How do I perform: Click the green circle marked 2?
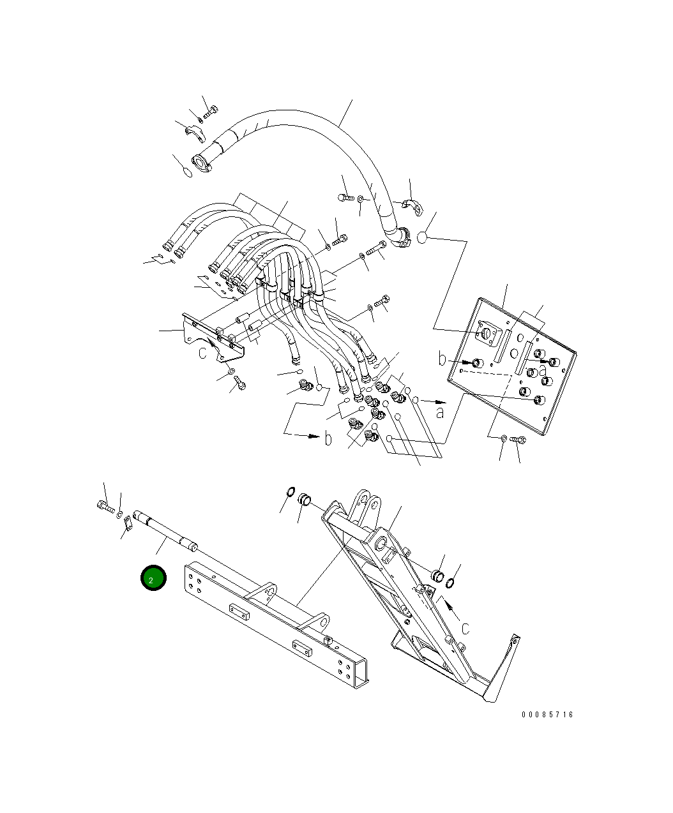tap(153, 578)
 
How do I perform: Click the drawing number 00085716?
tap(547, 715)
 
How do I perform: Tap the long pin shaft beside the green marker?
tap(165, 530)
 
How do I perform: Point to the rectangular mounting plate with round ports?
tap(512, 366)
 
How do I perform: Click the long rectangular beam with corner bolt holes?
tap(276, 630)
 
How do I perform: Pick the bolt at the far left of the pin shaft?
tap(105, 507)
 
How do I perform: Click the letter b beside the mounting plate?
tap(442, 359)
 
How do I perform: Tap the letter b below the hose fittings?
tap(328, 438)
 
